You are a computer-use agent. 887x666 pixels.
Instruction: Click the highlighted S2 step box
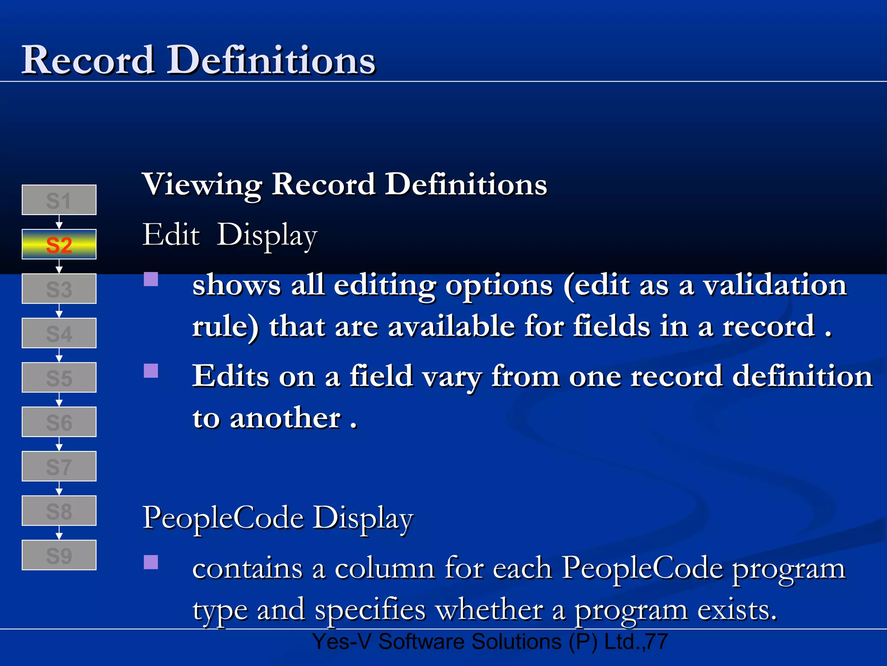59,245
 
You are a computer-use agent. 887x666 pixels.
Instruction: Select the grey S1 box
59,200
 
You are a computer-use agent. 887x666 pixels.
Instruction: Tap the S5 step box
59,378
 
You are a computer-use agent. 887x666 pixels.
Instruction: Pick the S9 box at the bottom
59,555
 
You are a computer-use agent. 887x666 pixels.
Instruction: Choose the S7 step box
59,467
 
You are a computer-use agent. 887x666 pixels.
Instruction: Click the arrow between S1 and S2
59,222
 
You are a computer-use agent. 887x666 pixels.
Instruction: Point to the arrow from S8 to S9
59,533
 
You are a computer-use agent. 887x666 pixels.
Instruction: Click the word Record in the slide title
88,60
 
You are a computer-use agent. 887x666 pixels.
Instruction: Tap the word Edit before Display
171,235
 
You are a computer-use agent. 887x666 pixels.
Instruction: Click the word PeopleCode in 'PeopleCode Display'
223,518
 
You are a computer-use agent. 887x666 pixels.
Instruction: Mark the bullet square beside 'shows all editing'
151,279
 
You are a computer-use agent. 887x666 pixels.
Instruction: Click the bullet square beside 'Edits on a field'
151,371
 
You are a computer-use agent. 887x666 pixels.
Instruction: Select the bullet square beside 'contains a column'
151,562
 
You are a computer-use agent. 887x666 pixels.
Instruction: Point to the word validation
774,286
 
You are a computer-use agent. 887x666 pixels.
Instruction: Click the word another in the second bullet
285,418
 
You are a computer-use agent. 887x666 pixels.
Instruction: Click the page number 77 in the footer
657,642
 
